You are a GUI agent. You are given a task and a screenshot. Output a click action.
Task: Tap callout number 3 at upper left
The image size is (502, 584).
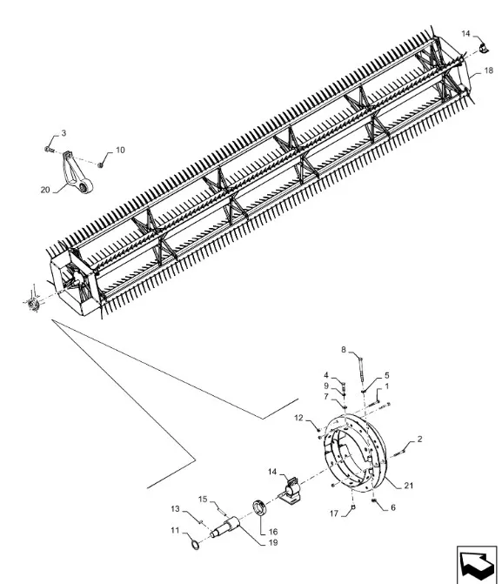[62, 133]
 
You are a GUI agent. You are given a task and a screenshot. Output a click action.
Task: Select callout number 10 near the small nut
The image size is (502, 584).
[119, 150]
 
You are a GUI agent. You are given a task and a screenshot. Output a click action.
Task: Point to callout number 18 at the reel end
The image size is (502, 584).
[475, 70]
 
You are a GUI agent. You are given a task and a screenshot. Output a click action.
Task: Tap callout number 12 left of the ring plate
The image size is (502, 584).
[298, 419]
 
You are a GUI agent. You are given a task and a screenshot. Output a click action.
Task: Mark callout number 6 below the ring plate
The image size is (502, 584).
[393, 507]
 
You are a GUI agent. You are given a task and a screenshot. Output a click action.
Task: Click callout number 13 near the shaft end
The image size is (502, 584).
[174, 508]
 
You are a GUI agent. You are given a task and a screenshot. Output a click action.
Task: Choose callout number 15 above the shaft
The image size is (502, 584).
[203, 500]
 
